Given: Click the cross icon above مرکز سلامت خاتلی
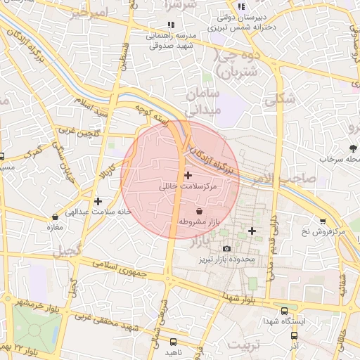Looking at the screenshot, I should click(x=187, y=174).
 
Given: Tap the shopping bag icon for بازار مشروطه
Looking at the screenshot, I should click(x=199, y=211).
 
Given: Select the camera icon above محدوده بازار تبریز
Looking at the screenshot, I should click(x=226, y=249).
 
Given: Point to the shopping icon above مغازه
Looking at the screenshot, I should click(x=56, y=217).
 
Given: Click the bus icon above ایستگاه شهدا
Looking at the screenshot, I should click(x=284, y=310).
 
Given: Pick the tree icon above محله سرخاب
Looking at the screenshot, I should click(x=352, y=148).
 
